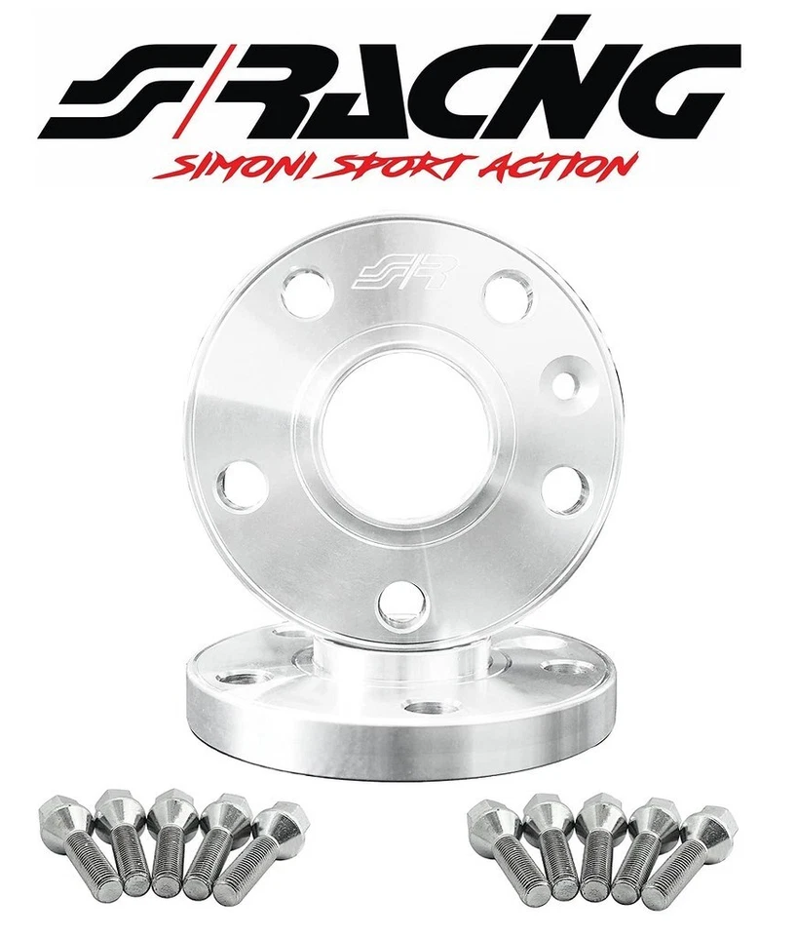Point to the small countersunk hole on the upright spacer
(564, 382)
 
